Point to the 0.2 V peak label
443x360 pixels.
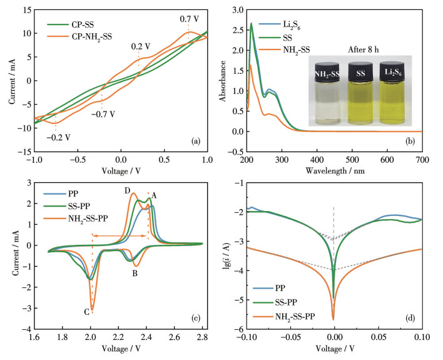tap(140, 46)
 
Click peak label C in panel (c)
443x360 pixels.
tap(84, 310)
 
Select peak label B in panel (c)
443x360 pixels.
tap(134, 273)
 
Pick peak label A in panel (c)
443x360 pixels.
tap(154, 195)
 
